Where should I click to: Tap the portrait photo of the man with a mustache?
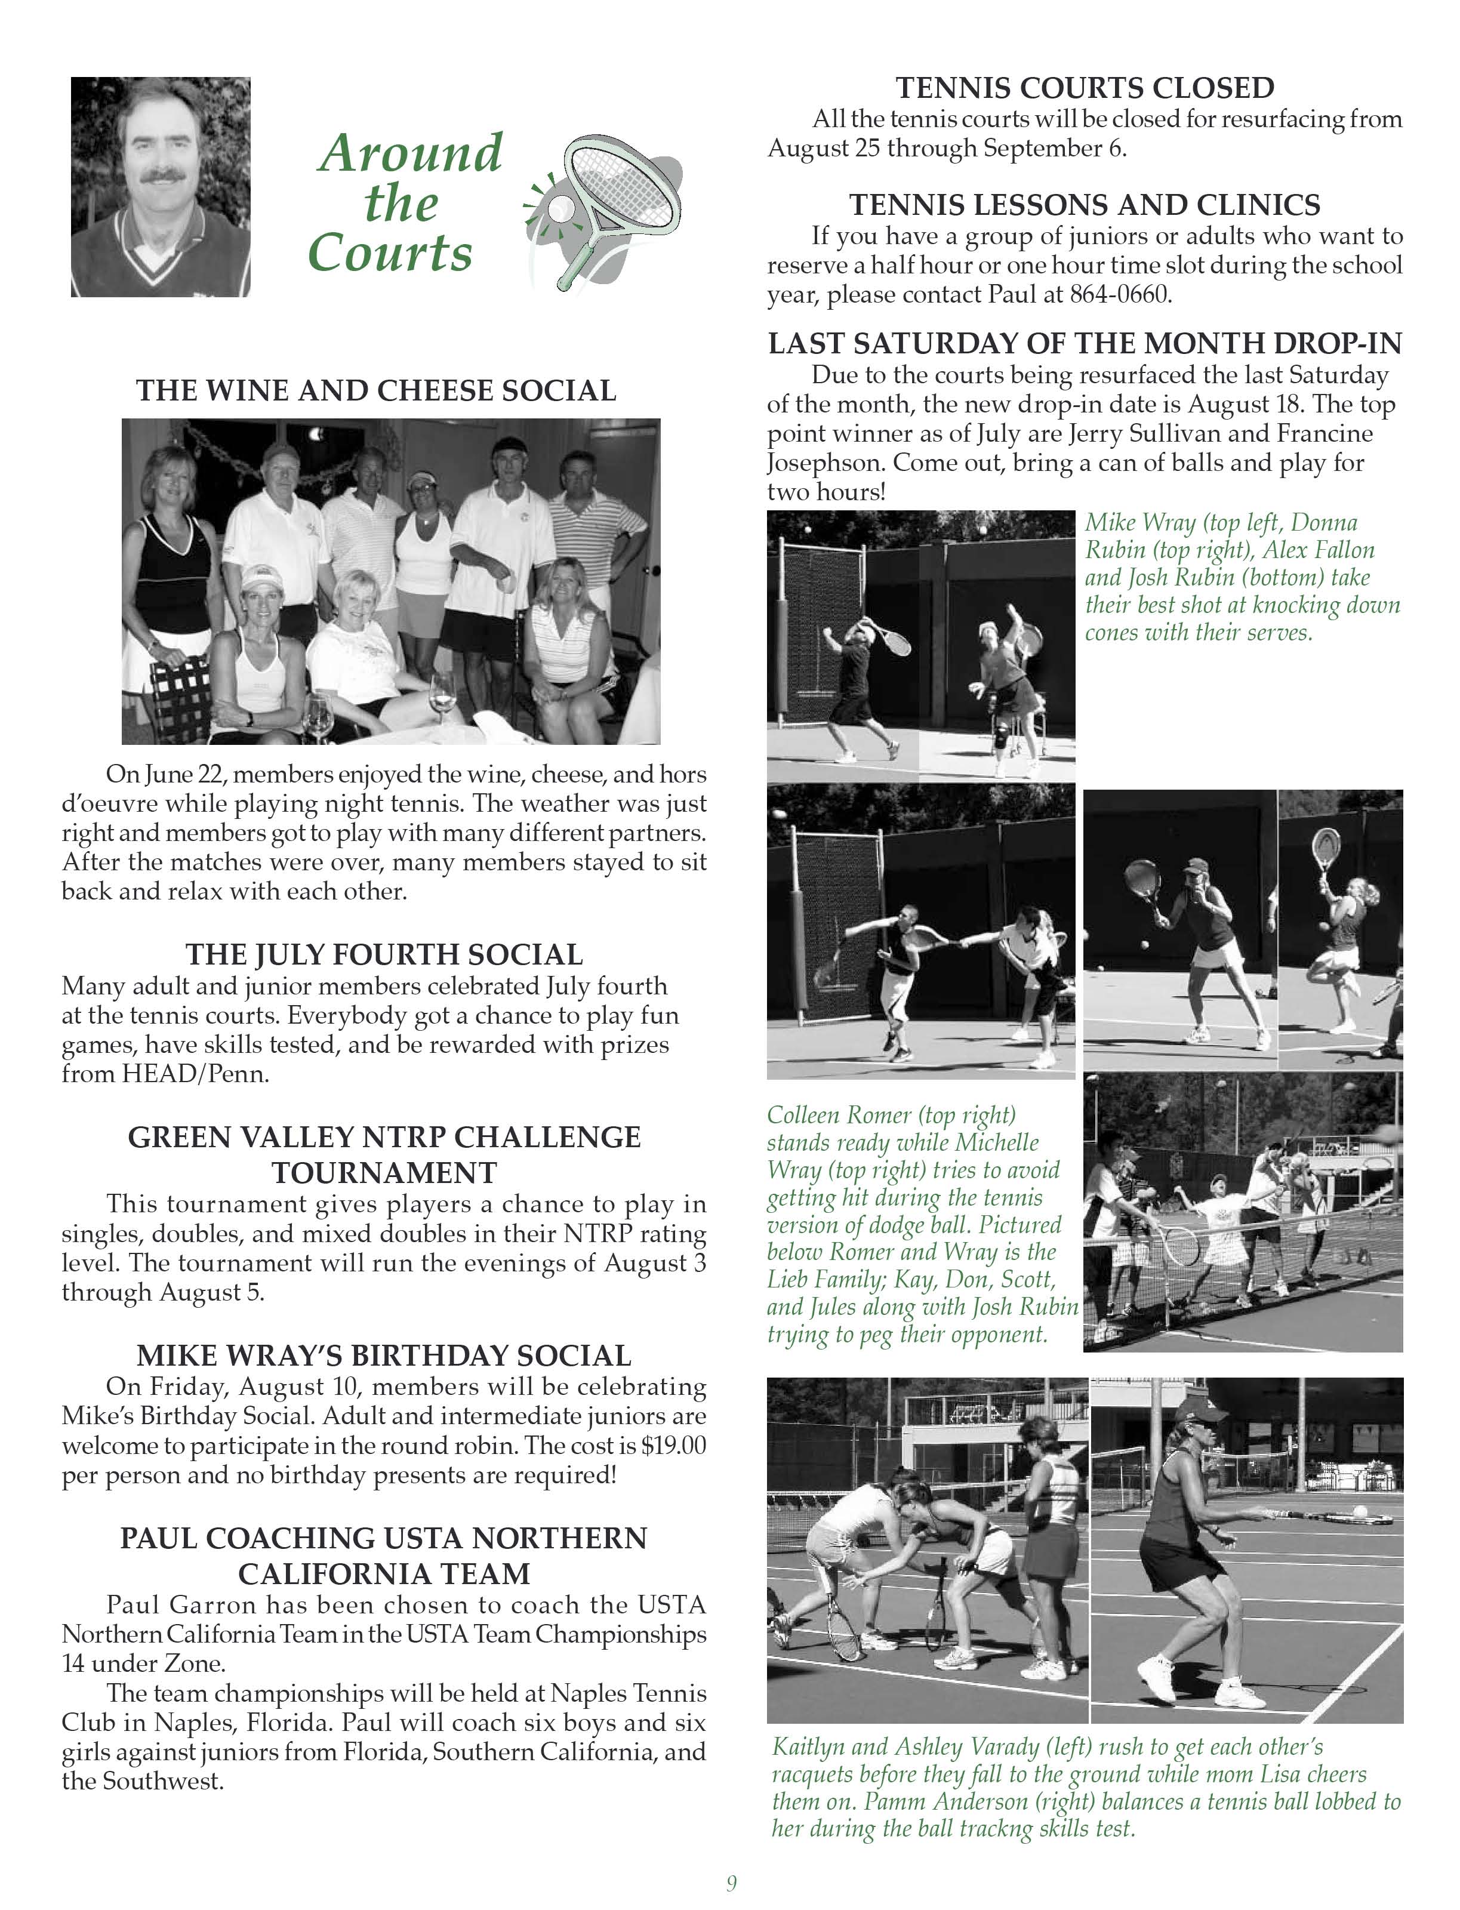[x=161, y=187]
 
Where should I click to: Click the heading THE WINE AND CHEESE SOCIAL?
[x=376, y=391]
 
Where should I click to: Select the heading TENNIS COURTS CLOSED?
[x=1085, y=88]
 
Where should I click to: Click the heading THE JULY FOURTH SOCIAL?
[x=384, y=954]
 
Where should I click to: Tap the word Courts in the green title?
[x=390, y=253]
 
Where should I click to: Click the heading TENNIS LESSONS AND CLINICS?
[x=1085, y=205]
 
